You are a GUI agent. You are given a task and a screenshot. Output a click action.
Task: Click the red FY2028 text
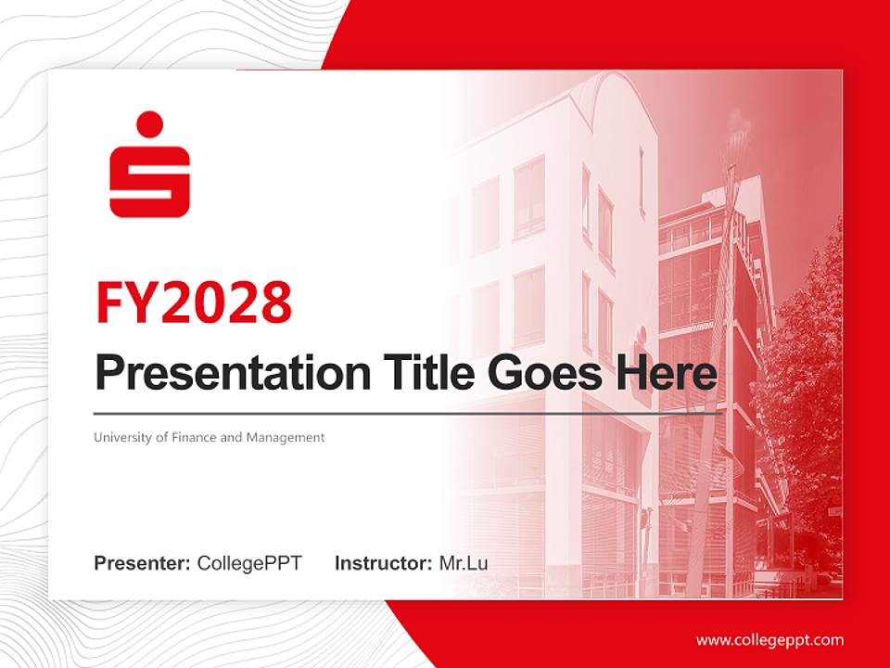point(194,302)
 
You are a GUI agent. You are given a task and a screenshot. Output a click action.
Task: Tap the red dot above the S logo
point(149,124)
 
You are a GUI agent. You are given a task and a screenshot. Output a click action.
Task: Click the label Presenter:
point(143,563)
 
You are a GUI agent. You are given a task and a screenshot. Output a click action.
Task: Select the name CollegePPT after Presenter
point(249,563)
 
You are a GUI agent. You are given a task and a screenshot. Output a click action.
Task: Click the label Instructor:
point(383,563)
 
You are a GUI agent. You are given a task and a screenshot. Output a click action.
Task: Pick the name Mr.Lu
point(464,563)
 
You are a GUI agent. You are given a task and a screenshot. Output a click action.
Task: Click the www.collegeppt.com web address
point(769,640)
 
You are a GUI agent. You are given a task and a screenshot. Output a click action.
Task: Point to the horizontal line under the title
point(408,414)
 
